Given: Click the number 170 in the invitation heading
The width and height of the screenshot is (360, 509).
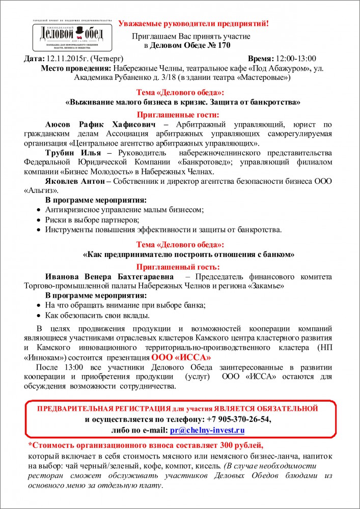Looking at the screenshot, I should (223, 45).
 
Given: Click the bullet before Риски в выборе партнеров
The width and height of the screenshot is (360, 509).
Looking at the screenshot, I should (40, 220).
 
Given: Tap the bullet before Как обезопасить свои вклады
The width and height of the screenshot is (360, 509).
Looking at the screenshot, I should (40, 316).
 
